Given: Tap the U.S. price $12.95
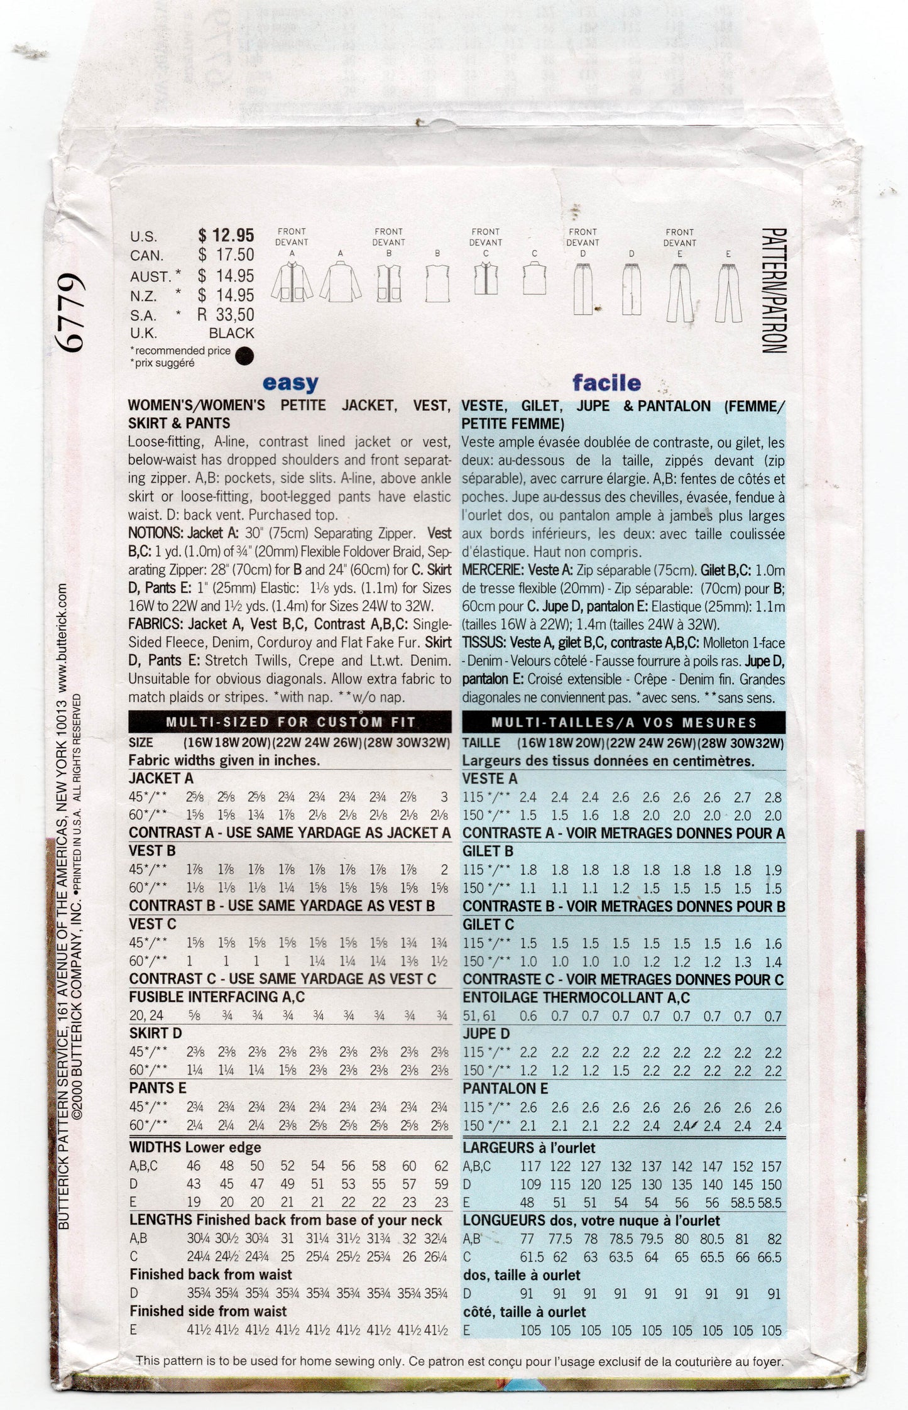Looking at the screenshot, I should (226, 236).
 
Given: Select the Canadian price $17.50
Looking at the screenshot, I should (226, 255).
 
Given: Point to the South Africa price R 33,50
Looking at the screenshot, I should (226, 314).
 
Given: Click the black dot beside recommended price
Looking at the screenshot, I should (243, 357).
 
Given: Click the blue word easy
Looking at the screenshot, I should (290, 383).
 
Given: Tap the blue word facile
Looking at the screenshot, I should (606, 383).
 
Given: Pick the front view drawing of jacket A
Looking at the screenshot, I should (292, 288).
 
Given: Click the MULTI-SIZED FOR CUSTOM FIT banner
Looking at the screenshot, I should (290, 722).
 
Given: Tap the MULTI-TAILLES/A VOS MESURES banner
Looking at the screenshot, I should (623, 722).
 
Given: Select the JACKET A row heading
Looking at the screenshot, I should (161, 778).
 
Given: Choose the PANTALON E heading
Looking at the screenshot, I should (505, 1088).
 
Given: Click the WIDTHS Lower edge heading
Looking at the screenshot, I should (195, 1147).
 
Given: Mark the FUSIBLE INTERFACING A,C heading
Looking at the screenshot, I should (217, 997).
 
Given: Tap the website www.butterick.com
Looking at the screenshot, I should (61, 635).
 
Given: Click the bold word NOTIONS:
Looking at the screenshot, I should (155, 533).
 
